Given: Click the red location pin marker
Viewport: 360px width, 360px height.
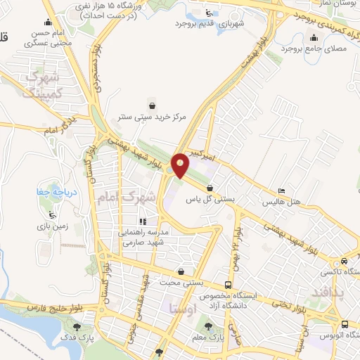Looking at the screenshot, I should click(181, 165).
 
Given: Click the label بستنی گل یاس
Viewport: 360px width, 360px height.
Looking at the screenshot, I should click(211, 200).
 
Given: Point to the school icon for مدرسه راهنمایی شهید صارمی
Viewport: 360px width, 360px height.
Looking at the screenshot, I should click(143, 222).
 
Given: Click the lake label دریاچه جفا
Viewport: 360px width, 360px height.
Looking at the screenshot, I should click(52, 191).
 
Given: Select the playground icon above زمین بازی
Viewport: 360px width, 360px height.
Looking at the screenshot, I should click(51, 214).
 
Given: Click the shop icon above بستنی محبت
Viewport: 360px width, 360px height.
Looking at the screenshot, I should click(182, 271).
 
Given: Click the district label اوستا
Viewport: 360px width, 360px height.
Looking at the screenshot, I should click(183, 309).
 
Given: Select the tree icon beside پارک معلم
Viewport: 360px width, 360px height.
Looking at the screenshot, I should click(208, 325).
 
